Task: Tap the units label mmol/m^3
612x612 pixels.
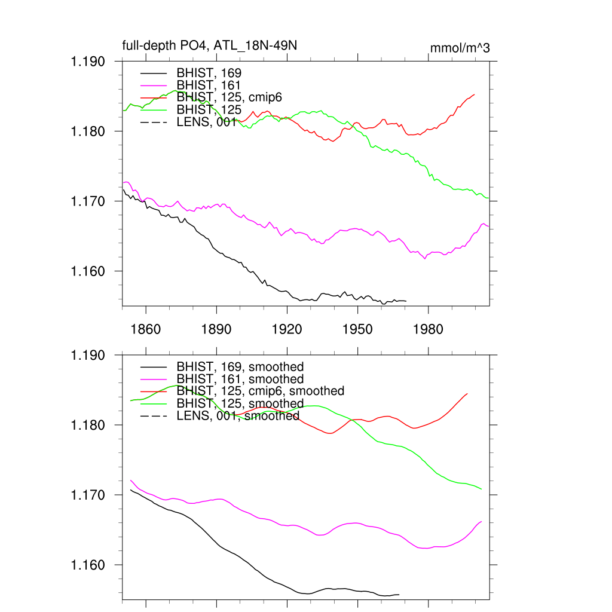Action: click(460, 48)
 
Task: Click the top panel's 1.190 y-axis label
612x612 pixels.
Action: click(88, 62)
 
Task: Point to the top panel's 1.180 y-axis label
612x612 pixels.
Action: click(88, 131)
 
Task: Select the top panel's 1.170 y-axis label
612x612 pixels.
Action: click(88, 201)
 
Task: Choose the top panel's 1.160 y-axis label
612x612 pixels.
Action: click(88, 271)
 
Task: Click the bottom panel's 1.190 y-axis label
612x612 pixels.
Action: click(88, 355)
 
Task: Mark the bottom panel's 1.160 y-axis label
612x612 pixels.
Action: click(88, 565)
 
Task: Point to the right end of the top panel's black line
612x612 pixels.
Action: click(406, 301)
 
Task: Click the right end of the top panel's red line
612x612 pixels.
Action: click(475, 94)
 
